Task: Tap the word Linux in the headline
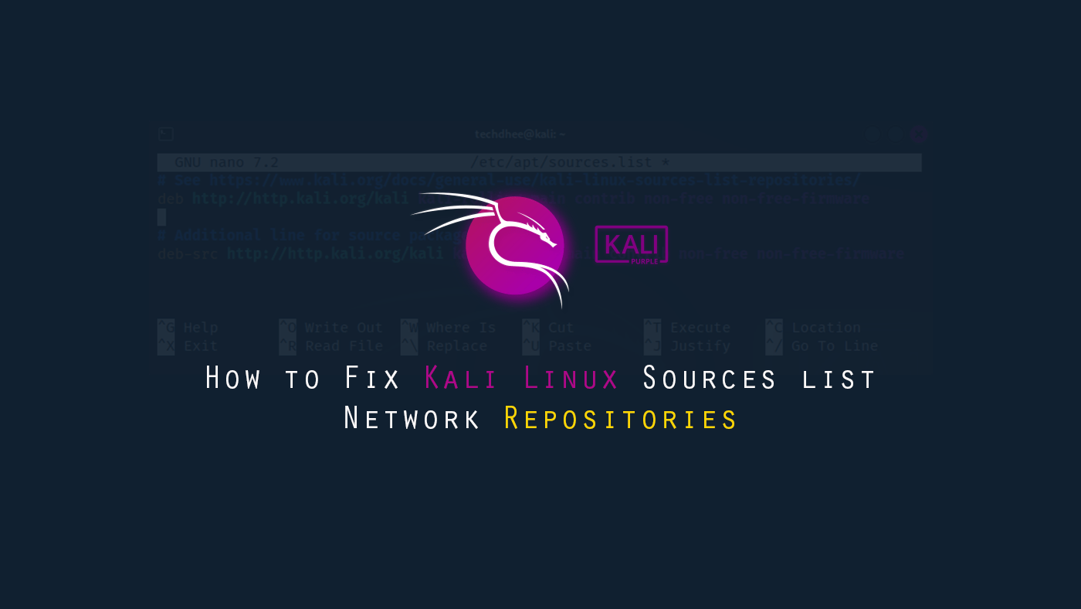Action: pos(571,379)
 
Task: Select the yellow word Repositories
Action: pos(621,419)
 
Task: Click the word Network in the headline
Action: pos(412,419)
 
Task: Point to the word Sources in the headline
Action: pos(710,379)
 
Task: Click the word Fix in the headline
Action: pos(373,379)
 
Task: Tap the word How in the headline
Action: pos(233,379)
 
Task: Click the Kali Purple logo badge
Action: pos(631,244)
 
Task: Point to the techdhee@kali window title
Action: pos(520,134)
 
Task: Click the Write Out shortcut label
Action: pos(344,328)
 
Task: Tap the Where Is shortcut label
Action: pos(461,328)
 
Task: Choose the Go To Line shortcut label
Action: pos(834,346)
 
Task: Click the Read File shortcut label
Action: pos(344,346)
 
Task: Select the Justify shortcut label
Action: pos(700,346)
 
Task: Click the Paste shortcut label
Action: pos(570,346)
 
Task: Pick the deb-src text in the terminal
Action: pos(188,254)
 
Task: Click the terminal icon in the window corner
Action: pos(165,134)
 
